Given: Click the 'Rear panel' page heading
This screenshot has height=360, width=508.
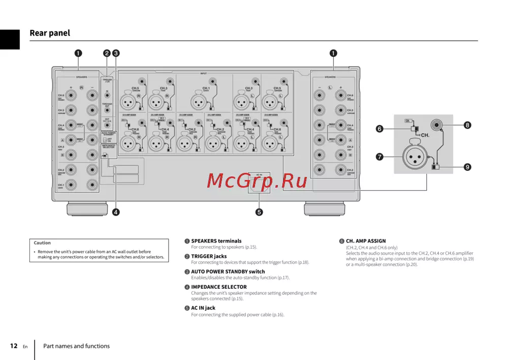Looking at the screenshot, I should pos(50,33).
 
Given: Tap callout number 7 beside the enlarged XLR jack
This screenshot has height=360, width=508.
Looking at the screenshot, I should pos(379,157).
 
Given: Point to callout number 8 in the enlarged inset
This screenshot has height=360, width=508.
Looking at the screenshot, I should pos(467,125).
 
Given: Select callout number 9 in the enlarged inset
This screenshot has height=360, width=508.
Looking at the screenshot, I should pos(467,166).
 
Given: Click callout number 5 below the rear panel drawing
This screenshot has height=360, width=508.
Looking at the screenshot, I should pos(259,212).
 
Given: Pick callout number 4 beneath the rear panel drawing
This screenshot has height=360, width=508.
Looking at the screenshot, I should pos(116,212).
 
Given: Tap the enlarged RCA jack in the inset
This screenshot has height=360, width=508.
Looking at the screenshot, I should pos(437,125).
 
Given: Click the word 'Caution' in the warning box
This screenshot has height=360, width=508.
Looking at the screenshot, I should pos(42,243).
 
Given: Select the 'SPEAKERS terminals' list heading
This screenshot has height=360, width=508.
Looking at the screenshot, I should pos(216,241).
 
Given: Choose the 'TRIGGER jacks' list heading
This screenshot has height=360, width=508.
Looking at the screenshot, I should pos(209,256).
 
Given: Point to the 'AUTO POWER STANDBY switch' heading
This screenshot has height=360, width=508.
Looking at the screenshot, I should pos(228,272).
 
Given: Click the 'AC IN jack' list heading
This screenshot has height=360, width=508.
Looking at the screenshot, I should pos(203,308).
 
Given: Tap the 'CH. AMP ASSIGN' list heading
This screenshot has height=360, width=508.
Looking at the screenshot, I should pos(366,241).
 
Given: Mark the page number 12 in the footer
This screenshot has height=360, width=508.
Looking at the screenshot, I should pos(14,346).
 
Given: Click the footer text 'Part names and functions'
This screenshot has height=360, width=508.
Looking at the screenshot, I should pos(76,346).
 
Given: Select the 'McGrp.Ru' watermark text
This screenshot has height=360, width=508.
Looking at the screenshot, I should pos(257,181).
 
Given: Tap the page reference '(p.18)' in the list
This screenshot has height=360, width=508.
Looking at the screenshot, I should pos(303,262).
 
